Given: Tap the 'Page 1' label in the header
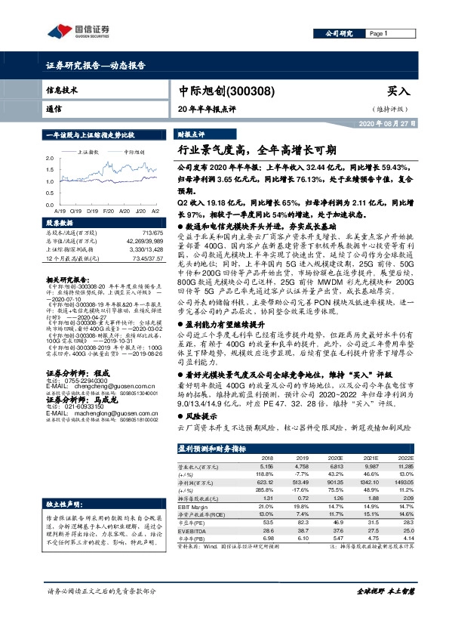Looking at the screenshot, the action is point(377,34).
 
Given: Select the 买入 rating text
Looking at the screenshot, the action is point(397,91).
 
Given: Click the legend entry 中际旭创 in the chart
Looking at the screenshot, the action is point(137,152).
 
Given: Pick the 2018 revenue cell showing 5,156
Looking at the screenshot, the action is point(267,468).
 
